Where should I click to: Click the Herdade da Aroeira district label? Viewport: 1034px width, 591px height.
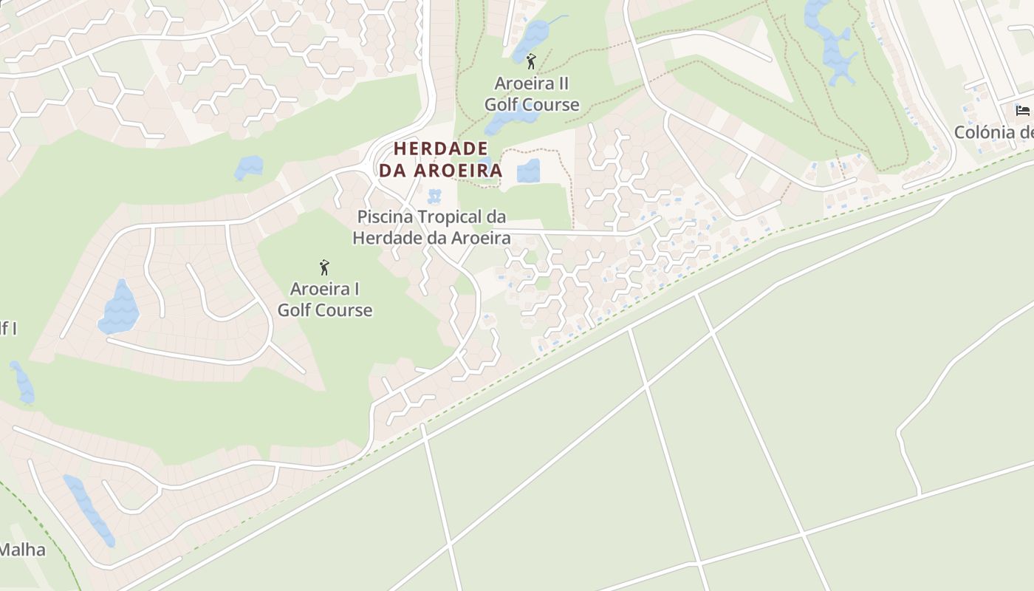point(440,159)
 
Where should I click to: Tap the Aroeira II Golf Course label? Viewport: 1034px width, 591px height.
point(532,94)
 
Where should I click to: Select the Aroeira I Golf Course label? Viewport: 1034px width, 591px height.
point(325,299)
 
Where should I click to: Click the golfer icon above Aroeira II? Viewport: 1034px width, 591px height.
point(530,61)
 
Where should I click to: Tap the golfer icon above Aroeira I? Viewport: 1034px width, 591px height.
point(323,267)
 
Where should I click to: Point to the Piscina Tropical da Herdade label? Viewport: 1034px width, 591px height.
point(431,228)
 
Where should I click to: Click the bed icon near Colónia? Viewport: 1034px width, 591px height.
point(1022,111)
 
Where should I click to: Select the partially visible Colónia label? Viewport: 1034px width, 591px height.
point(993,133)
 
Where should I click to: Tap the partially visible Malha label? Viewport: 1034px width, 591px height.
point(22,550)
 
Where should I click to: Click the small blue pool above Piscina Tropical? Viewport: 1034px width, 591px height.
point(434,197)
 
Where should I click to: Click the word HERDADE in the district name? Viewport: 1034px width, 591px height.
point(440,148)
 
